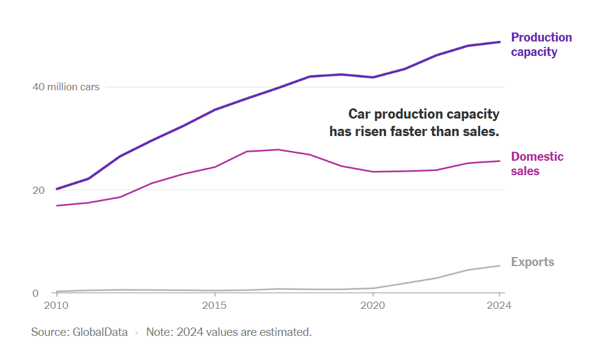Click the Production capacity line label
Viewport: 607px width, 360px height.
tap(541, 45)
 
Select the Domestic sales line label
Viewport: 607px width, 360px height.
tap(537, 164)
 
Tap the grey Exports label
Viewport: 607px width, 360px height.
tap(532, 262)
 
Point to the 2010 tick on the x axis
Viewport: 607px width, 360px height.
tap(57, 305)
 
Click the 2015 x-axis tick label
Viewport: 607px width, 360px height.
tap(214, 305)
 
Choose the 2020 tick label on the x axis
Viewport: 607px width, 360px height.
tap(372, 305)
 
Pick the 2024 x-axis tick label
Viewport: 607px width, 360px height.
tap(499, 305)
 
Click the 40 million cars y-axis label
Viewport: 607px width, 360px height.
tap(66, 87)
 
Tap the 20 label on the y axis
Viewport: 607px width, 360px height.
tap(38, 190)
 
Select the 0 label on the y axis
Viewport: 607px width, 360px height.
tap(35, 294)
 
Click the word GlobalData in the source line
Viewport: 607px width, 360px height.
tap(100, 332)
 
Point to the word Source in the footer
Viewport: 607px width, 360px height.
tap(49, 332)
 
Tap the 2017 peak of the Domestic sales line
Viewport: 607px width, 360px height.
tap(277, 149)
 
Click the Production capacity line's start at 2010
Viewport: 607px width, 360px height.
tap(57, 189)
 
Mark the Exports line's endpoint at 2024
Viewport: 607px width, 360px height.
tap(499, 265)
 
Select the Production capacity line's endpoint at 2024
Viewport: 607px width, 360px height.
tap(499, 42)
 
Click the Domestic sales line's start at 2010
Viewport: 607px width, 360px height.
tap(57, 206)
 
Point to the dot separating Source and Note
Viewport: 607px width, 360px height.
tap(137, 332)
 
